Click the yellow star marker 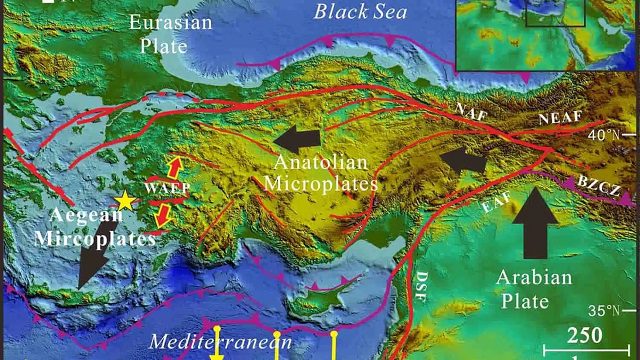[125, 201]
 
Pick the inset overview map [547, 34]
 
